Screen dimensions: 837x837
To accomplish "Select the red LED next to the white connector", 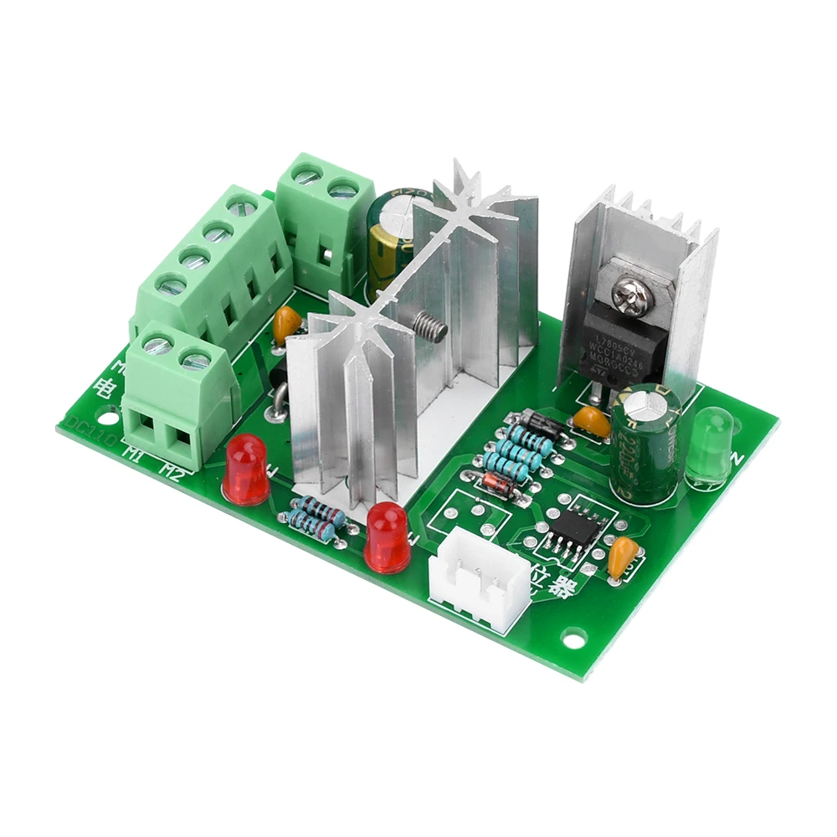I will (388, 539).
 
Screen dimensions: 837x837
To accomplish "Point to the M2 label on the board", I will (172, 471).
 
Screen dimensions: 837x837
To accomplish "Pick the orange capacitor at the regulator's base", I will (593, 421).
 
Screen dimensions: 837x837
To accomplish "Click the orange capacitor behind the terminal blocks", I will (287, 321).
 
